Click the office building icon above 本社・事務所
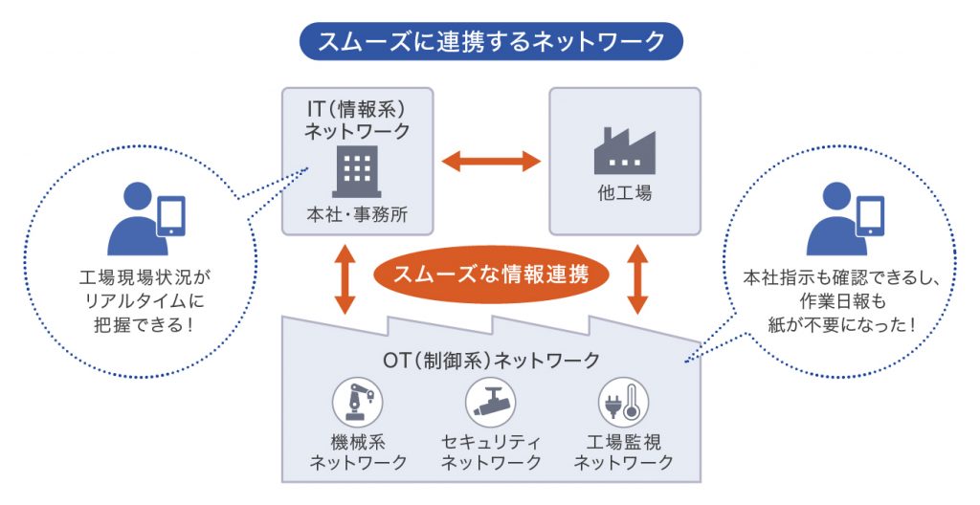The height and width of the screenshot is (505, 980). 356,172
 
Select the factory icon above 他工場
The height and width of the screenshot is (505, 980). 624,151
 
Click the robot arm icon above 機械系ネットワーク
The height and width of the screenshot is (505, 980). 357,402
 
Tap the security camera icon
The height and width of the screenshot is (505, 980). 490,402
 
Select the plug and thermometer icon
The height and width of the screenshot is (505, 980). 623,402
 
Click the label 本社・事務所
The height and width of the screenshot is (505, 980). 357,214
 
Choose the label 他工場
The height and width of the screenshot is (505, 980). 624,193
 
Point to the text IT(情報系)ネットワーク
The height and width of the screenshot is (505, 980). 357,118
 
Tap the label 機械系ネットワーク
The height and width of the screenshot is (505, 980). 357,452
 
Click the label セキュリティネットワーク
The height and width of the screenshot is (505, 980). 490,452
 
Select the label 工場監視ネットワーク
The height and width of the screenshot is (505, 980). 623,452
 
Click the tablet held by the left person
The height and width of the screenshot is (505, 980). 170,216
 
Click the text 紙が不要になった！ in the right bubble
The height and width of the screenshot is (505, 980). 842,325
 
